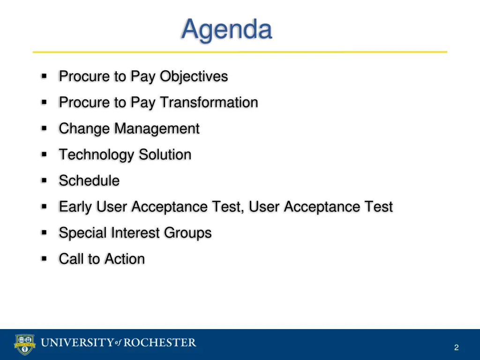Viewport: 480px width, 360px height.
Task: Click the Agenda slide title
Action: [x=226, y=30]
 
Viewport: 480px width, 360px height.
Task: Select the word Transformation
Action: [x=209, y=103]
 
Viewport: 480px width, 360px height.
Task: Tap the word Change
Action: [x=84, y=129]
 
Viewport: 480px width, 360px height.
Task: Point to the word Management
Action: [x=157, y=129]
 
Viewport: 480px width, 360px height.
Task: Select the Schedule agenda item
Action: [x=89, y=181]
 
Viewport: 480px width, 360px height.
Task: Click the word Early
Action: [x=75, y=207]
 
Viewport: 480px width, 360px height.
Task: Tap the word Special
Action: [x=82, y=233]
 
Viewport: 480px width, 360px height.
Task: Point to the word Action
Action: [x=125, y=259]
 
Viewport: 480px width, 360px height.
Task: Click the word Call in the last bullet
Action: [x=71, y=259]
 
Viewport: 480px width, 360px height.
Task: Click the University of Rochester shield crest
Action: [x=25, y=345]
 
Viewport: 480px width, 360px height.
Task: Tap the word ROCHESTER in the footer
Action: [x=160, y=343]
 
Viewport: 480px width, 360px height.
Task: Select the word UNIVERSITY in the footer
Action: [x=77, y=343]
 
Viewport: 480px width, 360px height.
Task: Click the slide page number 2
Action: [x=456, y=347]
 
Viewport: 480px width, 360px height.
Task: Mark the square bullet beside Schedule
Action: [x=44, y=180]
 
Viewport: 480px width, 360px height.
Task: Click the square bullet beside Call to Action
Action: [x=44, y=259]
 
